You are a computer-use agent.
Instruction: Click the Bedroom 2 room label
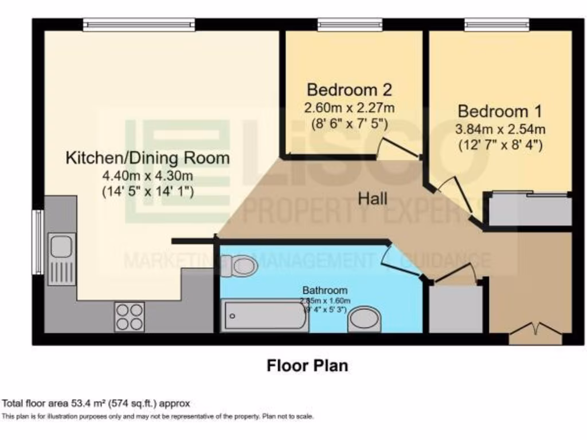(349, 90)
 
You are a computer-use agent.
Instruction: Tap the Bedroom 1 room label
(500, 111)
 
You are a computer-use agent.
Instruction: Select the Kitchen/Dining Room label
(148, 158)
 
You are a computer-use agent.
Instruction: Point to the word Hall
(373, 199)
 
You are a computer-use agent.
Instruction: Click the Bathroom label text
(325, 290)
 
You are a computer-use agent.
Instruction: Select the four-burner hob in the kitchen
(129, 316)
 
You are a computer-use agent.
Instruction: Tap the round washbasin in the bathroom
(365, 319)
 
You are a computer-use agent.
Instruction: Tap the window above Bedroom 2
(350, 24)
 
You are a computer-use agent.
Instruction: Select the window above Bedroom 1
(496, 24)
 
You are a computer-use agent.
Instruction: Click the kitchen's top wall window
(139, 24)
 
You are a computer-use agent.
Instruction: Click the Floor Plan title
(307, 366)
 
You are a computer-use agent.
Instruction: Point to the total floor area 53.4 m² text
(96, 403)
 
